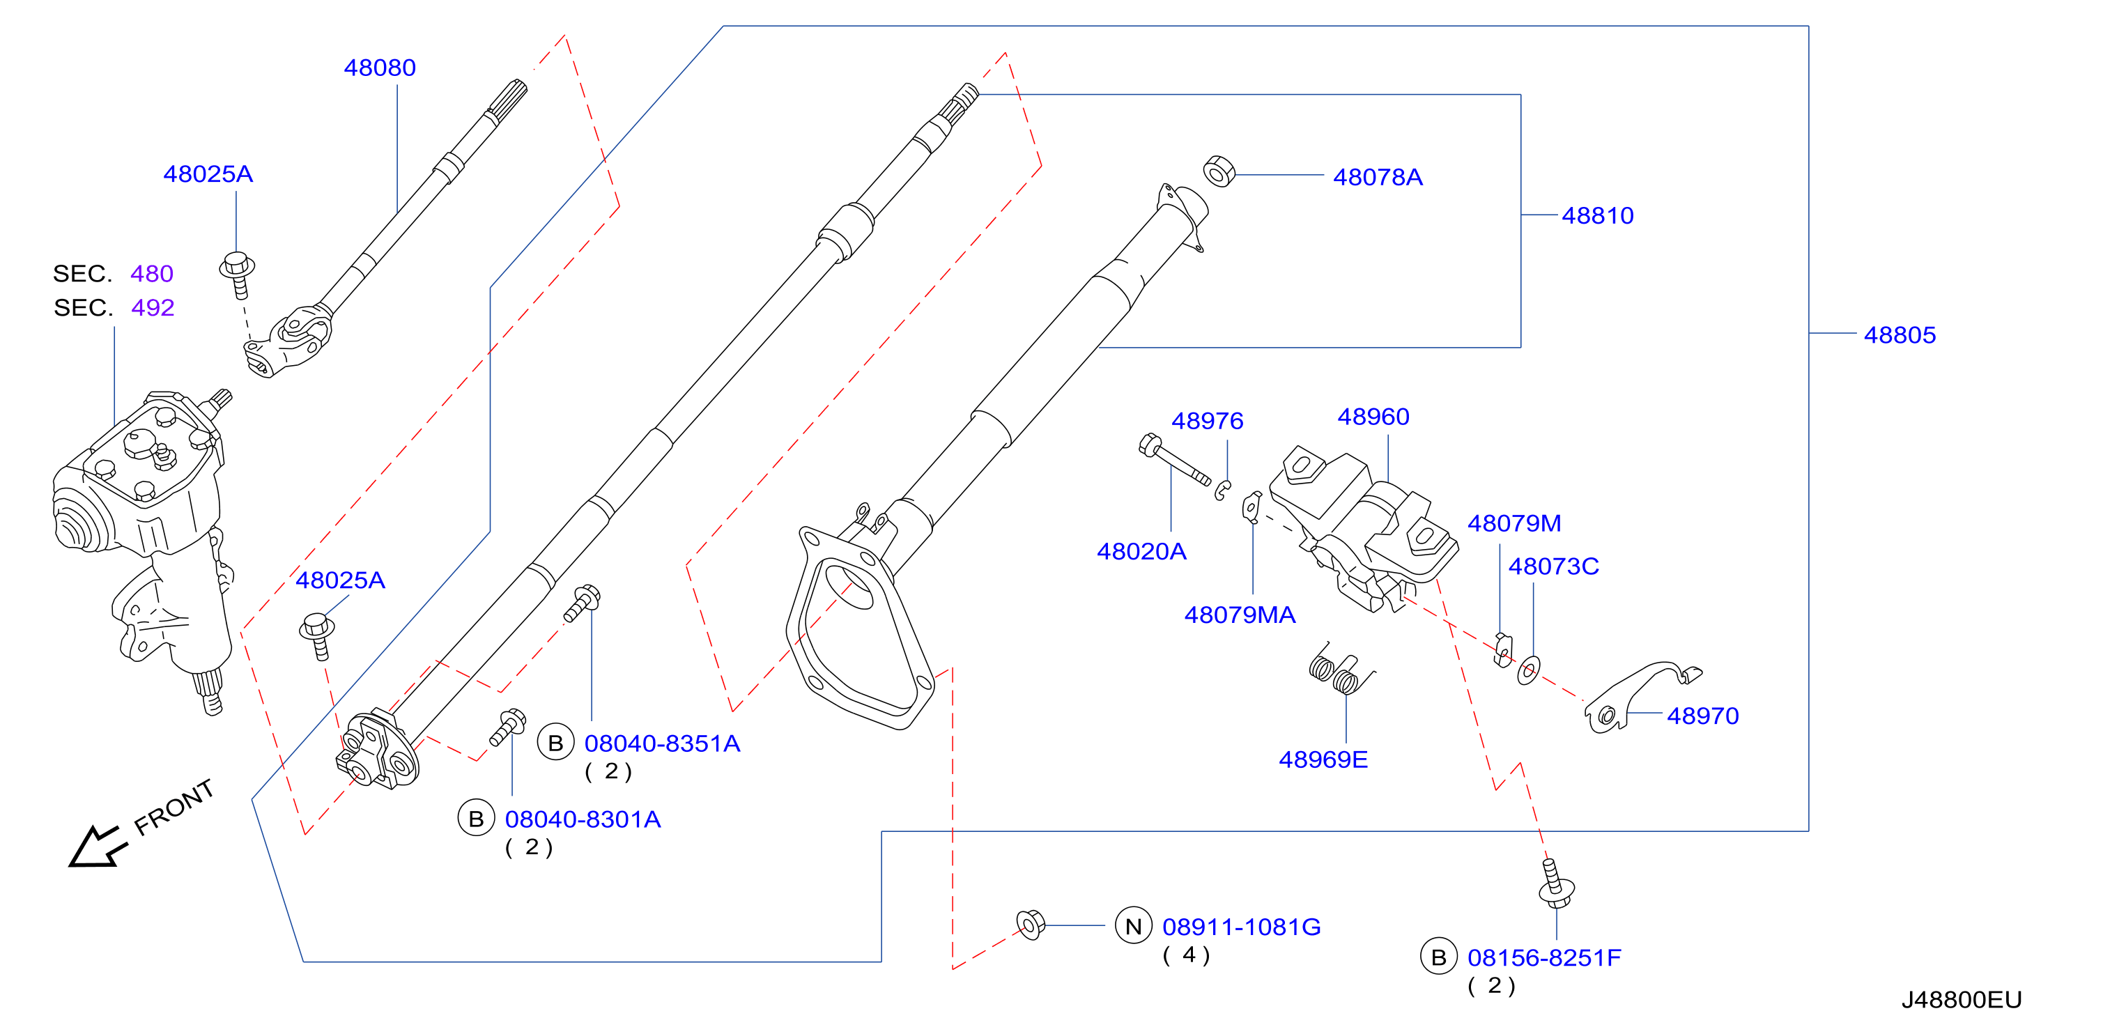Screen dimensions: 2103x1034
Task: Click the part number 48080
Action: pos(380,68)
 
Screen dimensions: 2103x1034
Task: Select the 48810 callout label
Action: pos(1598,215)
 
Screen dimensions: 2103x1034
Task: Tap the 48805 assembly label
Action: pos(1900,334)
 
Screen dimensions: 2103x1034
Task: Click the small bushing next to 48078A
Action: pos(1219,171)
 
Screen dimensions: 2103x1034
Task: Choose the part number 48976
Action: pos(1208,421)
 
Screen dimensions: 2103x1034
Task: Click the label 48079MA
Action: pos(1240,615)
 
